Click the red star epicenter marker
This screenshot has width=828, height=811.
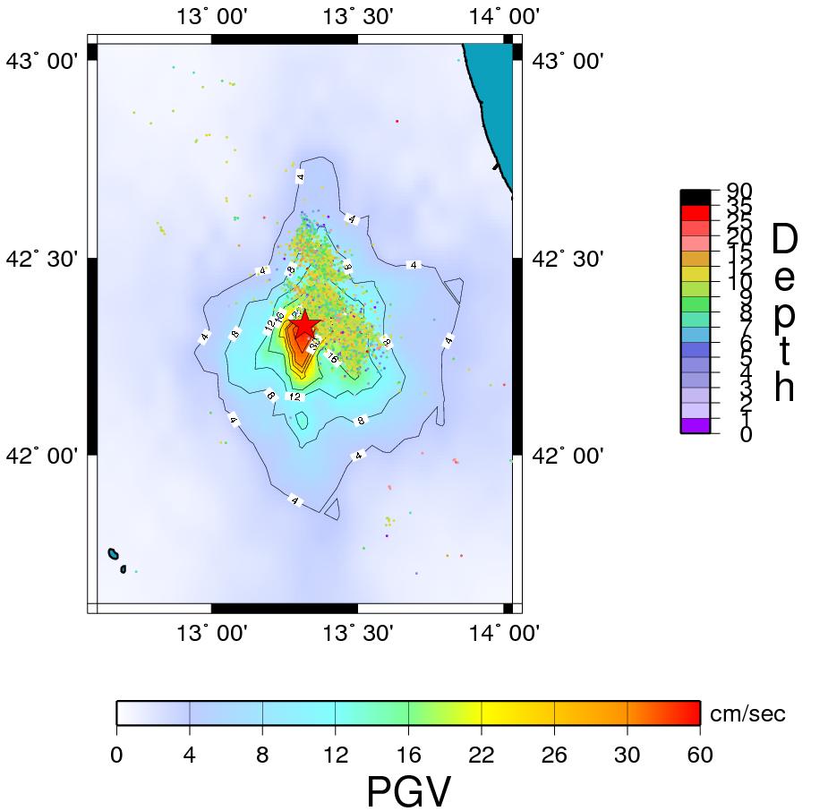pyautogui.click(x=304, y=324)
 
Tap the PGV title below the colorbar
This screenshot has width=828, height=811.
pyautogui.click(x=409, y=792)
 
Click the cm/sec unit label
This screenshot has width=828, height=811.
pyautogui.click(x=747, y=713)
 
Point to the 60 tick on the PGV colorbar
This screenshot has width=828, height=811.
pyautogui.click(x=700, y=756)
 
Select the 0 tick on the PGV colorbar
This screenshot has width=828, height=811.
pyautogui.click(x=116, y=756)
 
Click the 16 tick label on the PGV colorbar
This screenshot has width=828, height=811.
pyautogui.click(x=408, y=756)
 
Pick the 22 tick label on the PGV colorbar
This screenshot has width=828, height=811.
pyautogui.click(x=482, y=756)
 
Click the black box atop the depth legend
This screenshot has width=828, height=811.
pyautogui.click(x=696, y=197)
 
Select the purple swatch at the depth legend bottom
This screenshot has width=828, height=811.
pyautogui.click(x=696, y=426)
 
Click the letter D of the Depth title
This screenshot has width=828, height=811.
pyautogui.click(x=783, y=239)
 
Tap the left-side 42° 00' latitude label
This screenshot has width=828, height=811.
pyautogui.click(x=42, y=456)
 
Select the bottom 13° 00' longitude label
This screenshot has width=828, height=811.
pyautogui.click(x=211, y=634)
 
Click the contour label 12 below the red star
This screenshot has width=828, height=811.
pyautogui.click(x=294, y=396)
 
